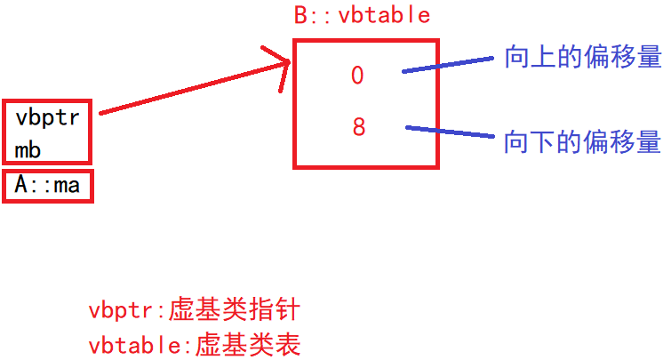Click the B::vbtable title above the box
click(361, 15)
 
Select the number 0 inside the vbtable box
click(357, 76)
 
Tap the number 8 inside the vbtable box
click(358, 127)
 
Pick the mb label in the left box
click(28, 149)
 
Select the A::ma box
click(48, 186)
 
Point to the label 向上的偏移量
click(582, 58)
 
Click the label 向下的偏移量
click(582, 141)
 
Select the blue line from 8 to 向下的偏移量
click(449, 132)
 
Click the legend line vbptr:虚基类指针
click(195, 311)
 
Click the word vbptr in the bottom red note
click(118, 312)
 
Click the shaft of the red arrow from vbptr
click(187, 88)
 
